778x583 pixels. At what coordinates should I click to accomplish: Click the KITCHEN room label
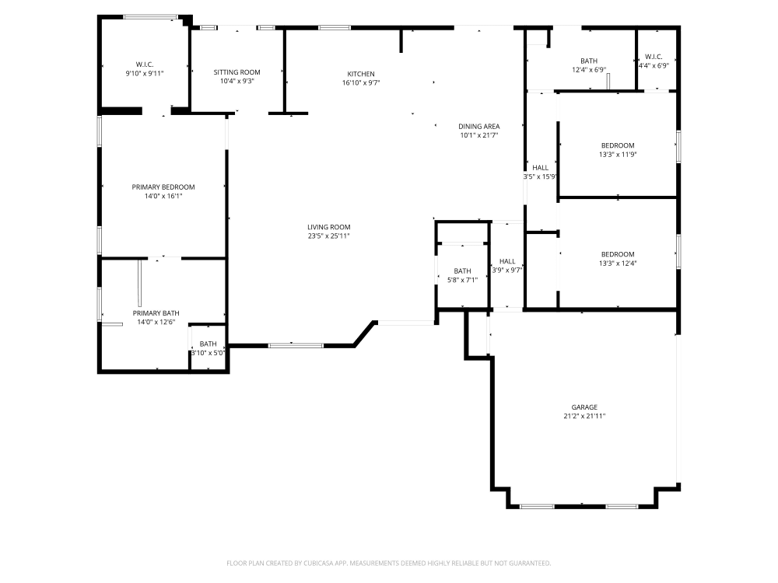point(360,74)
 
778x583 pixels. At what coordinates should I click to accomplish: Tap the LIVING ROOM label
point(328,227)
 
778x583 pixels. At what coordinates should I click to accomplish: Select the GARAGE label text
point(584,407)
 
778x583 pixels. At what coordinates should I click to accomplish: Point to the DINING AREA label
point(478,126)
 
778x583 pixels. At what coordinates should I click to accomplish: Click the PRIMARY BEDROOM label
point(163,187)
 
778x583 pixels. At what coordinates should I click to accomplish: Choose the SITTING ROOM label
point(237,72)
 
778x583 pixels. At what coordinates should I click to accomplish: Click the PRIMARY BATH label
point(156,313)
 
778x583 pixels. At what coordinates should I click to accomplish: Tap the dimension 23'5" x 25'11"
point(328,236)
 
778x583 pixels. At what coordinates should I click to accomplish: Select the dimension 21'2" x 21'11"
point(584,417)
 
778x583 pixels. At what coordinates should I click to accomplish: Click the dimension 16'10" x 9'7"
point(360,82)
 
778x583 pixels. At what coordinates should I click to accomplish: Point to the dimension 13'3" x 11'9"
point(618,155)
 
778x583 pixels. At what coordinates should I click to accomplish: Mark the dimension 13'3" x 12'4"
point(618,264)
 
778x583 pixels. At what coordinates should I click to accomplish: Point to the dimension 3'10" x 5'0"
point(209,353)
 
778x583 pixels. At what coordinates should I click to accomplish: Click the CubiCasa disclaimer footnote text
point(388,563)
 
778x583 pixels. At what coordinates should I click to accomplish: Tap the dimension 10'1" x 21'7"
point(478,135)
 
